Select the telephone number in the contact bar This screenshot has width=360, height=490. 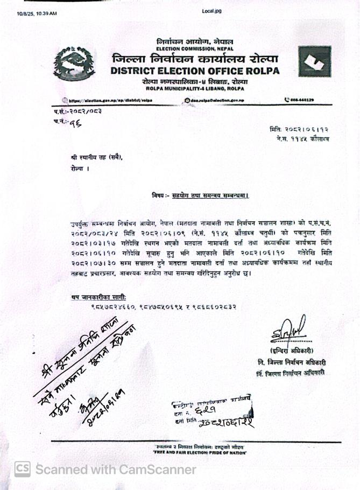301,100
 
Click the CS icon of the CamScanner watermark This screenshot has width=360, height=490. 22,469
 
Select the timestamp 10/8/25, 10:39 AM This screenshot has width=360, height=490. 37,12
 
